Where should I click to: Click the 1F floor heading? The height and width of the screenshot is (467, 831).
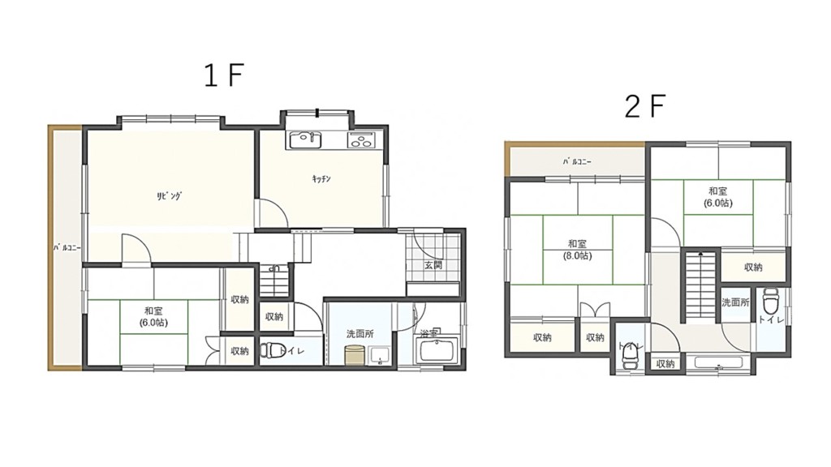[x=223, y=75]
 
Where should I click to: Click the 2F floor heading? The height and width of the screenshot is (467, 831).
[x=644, y=106]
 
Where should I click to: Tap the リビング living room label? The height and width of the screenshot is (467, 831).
[x=169, y=196]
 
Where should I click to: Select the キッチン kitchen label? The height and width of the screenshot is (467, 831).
[x=321, y=179]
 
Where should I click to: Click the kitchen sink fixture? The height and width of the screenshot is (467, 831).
[x=305, y=139]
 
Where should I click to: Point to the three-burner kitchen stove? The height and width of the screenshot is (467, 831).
[x=361, y=139]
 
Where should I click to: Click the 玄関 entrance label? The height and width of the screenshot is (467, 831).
[x=433, y=265]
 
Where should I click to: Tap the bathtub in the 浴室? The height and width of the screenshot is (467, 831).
[x=437, y=351]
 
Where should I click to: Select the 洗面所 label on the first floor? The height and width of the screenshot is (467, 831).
[x=360, y=334]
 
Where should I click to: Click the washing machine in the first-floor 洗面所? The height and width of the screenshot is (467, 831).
[x=354, y=355]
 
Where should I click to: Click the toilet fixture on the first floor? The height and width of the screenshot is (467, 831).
[x=270, y=350]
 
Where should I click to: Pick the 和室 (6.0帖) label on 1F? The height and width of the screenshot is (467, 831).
[x=153, y=317]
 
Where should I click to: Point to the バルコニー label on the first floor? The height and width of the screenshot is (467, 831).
[x=67, y=247]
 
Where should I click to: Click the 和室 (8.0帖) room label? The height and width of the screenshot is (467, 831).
[x=577, y=250]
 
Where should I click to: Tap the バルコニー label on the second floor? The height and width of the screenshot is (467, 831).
[x=577, y=161]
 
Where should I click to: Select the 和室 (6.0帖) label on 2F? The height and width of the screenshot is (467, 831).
[x=718, y=197]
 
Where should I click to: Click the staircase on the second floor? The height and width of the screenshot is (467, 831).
[x=701, y=286]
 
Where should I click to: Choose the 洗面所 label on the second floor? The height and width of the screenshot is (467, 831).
[x=735, y=302]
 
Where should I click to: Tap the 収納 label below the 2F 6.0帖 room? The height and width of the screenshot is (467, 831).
[x=753, y=268]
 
